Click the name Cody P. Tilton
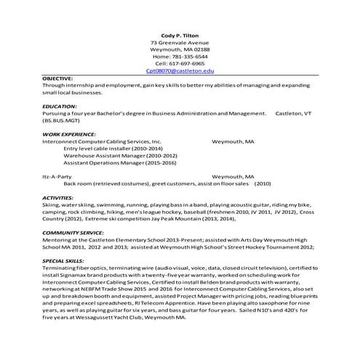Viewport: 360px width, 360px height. point(180,35)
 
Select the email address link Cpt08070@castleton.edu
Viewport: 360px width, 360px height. point(180,71)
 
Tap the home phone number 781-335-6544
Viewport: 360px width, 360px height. point(180,56)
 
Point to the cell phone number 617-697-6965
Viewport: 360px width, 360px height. point(180,63)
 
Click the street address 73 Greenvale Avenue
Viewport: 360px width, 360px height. point(180,42)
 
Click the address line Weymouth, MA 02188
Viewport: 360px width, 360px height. point(180,49)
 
